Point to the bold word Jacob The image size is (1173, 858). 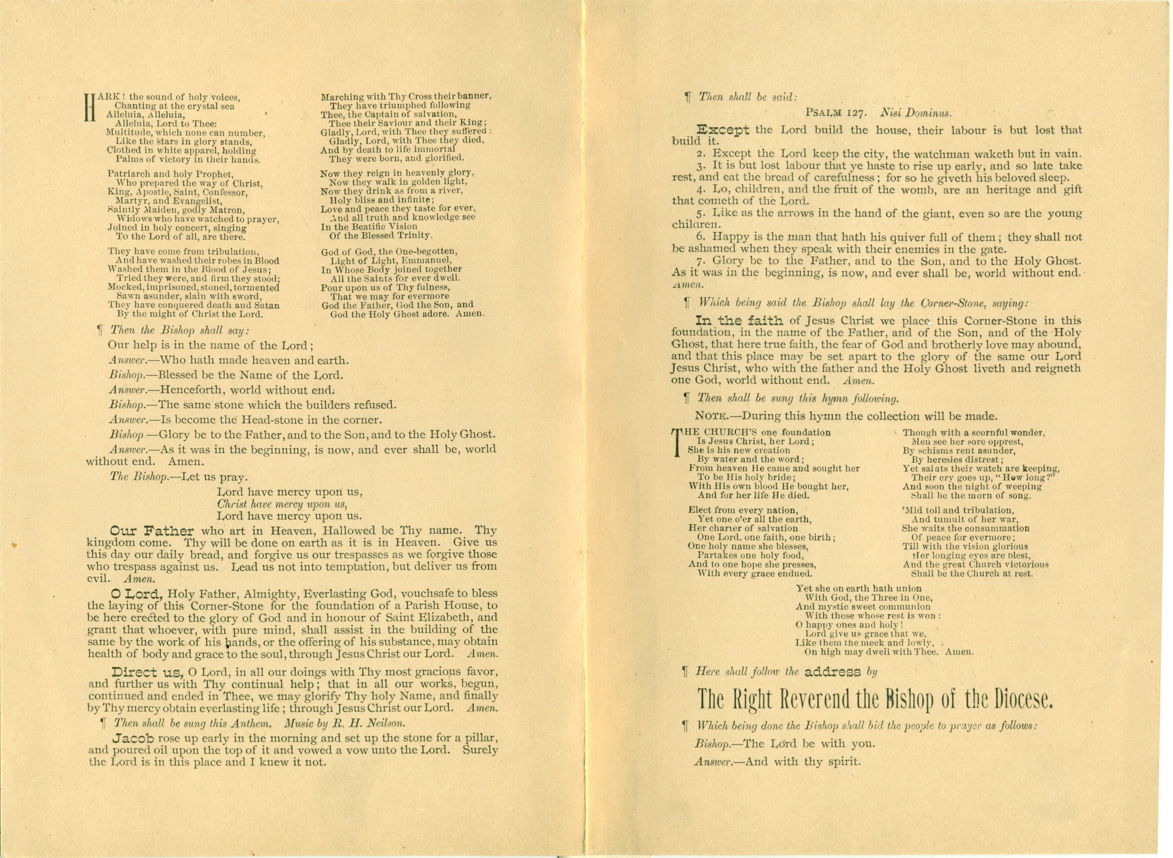(x=131, y=738)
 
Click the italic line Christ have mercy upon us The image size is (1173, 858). (x=282, y=504)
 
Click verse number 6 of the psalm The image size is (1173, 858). (x=700, y=237)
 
